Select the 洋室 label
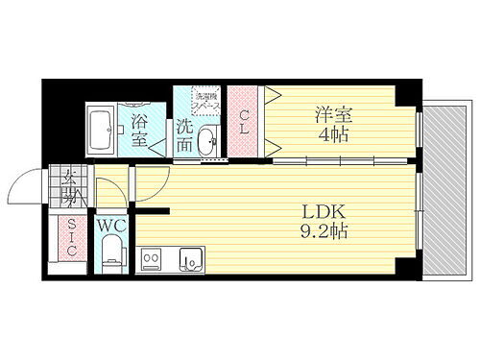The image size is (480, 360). [x=331, y=115]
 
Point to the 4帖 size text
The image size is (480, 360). [x=332, y=135]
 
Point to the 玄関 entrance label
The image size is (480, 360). [x=70, y=186]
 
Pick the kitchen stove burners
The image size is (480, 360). [x=153, y=260]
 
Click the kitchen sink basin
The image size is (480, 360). [x=191, y=260]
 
